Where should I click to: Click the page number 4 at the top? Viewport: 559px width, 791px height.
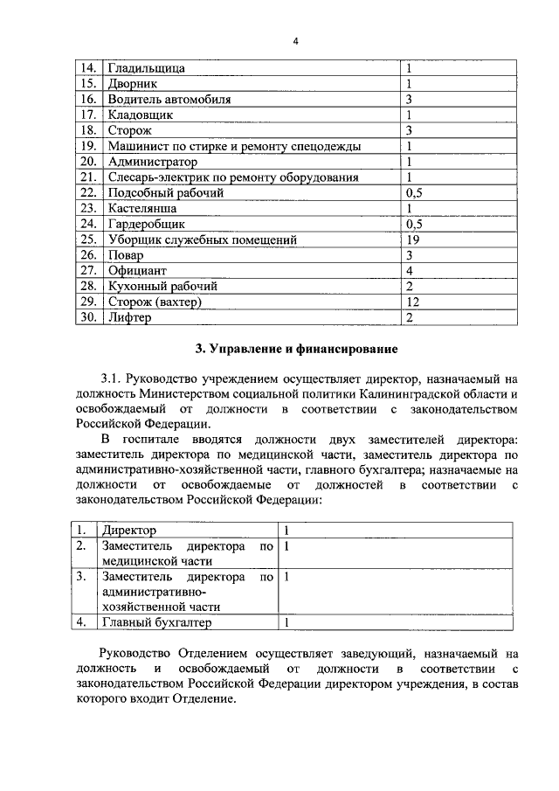(296, 41)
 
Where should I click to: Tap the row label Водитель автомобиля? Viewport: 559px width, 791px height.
(169, 99)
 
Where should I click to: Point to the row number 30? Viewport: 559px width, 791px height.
(87, 317)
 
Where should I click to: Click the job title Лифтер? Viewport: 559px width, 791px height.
(128, 317)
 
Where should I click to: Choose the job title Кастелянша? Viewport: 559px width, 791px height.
(141, 208)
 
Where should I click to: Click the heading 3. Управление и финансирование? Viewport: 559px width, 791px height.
(296, 350)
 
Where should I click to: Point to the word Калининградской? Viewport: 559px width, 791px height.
(424, 394)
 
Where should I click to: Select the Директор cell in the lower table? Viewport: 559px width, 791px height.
(128, 530)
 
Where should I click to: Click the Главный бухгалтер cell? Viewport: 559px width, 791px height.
(156, 622)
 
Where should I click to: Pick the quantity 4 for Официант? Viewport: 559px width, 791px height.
(409, 270)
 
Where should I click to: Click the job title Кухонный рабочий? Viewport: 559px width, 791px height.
(161, 286)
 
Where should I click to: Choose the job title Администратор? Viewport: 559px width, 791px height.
(152, 162)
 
